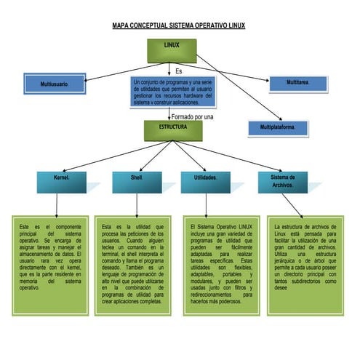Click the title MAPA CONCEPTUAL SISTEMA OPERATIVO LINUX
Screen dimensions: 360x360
click(x=179, y=25)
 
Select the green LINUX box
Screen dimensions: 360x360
click(x=172, y=49)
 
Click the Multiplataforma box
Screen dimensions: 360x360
click(x=272, y=128)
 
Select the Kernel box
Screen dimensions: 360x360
click(x=61, y=180)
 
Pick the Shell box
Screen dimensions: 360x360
click(x=137, y=180)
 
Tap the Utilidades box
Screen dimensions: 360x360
click(x=206, y=180)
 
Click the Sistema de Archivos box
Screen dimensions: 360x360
click(x=282, y=180)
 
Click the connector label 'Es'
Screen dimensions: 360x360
click(x=179, y=71)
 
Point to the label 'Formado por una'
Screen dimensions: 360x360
click(x=192, y=116)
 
